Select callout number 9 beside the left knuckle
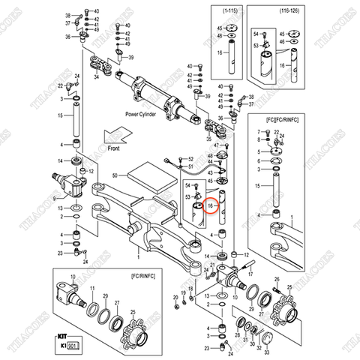pos(55,199)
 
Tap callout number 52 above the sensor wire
pos(190,159)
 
